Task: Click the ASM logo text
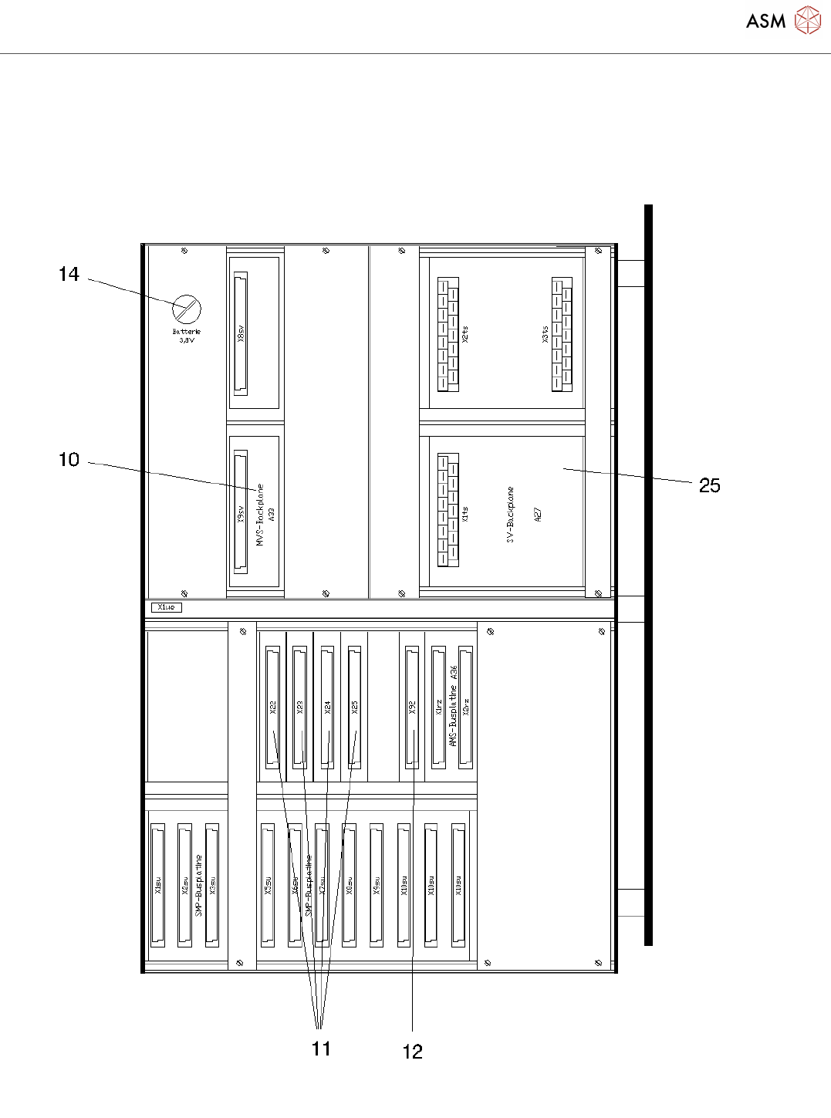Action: tap(765, 21)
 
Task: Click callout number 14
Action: tap(69, 274)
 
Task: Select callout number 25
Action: tap(709, 485)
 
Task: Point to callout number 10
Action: tap(69, 460)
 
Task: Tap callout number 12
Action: tap(413, 1051)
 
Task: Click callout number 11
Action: tap(321, 1048)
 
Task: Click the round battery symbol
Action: tap(186, 309)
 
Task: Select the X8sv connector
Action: tap(241, 333)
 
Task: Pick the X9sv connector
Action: tap(241, 512)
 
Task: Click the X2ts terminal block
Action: tap(448, 334)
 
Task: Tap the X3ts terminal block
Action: tap(562, 334)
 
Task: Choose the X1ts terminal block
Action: tap(448, 510)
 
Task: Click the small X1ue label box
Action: tap(166, 607)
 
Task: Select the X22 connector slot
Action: tap(272, 707)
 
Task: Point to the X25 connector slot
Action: tap(354, 707)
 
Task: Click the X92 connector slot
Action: tap(412, 707)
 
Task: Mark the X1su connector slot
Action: tap(157, 885)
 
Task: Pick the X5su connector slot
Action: tap(268, 885)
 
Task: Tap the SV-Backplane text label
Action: tap(510, 515)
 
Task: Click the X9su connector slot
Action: tap(377, 885)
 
